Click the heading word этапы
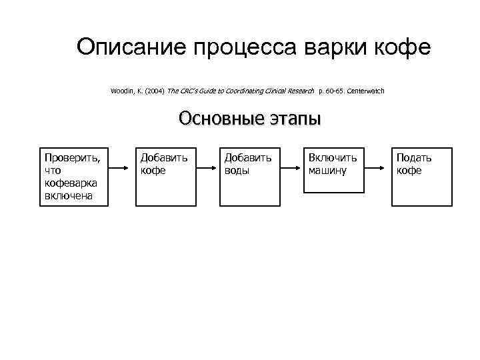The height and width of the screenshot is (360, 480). pyautogui.click(x=292, y=118)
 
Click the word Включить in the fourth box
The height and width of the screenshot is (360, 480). pyautogui.click(x=332, y=158)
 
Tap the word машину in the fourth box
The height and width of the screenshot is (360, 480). pyautogui.click(x=327, y=170)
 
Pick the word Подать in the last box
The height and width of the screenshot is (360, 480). pyautogui.click(x=413, y=158)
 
